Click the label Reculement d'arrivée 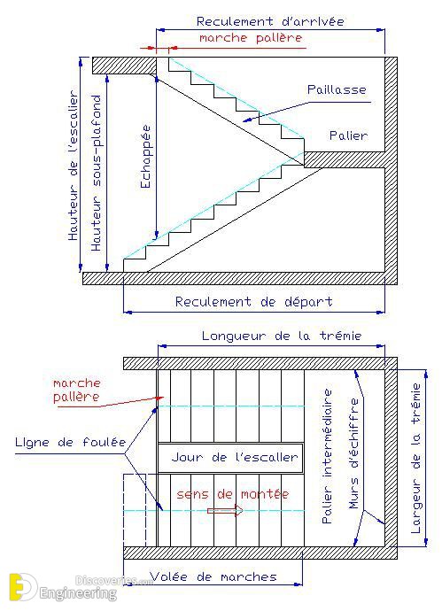(270, 21)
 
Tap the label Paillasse (337, 89)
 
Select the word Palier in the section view (348, 135)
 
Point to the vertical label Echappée (145, 156)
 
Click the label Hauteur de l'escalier (74, 166)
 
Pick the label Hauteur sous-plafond (96, 173)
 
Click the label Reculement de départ (253, 302)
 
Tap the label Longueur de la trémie (282, 336)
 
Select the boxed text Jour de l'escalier (235, 457)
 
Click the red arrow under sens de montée (225, 510)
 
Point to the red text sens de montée (233, 494)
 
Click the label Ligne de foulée (71, 442)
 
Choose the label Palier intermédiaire (328, 456)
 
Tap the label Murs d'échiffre (354, 453)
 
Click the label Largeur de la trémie (416, 459)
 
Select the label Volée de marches (213, 576)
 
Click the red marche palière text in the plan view (77, 390)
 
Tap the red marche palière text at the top (251, 38)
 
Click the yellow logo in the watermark (22, 586)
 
